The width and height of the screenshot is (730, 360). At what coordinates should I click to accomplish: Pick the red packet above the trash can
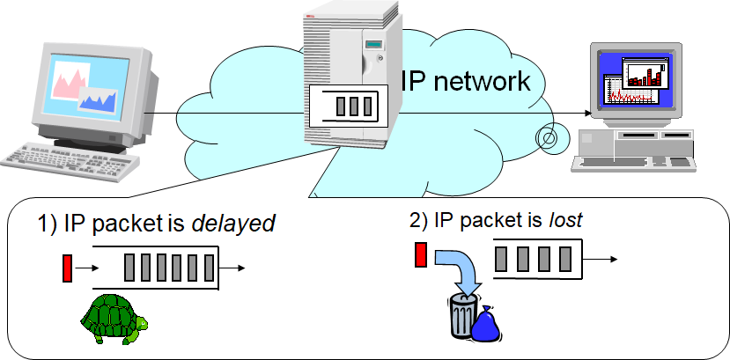[x=421, y=255]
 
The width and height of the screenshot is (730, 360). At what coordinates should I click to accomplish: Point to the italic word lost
[x=563, y=220]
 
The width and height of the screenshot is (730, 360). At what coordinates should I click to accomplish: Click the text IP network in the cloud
[x=466, y=81]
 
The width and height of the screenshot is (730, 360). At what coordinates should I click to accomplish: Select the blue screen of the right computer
[x=630, y=80]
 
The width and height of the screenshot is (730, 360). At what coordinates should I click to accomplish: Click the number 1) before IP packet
[x=46, y=224]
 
